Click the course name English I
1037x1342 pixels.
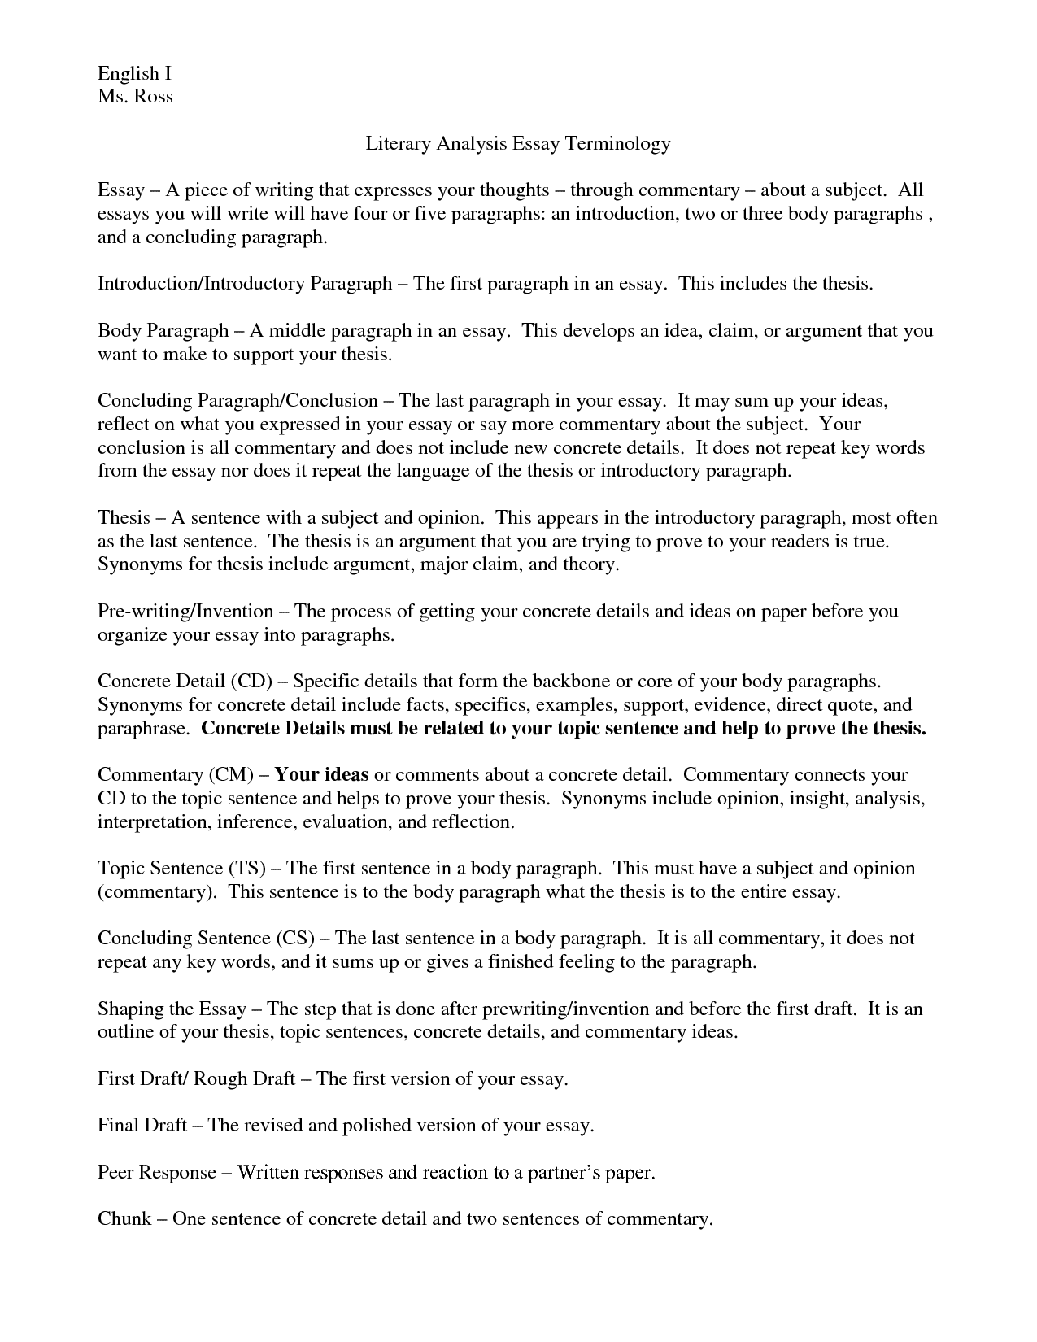coord(134,74)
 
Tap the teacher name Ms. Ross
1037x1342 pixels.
coord(135,97)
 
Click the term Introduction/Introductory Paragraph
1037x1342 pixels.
coord(245,284)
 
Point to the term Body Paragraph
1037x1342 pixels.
coord(163,331)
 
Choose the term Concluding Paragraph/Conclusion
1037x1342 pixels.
coord(237,401)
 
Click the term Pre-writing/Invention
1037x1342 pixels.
coord(185,611)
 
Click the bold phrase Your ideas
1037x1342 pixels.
coord(322,774)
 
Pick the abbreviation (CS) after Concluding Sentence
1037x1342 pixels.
coord(295,939)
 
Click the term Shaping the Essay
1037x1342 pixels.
coord(172,1009)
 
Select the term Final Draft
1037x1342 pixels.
coord(142,1126)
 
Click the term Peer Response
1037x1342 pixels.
coord(157,1173)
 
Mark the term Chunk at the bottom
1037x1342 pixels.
coord(124,1219)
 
